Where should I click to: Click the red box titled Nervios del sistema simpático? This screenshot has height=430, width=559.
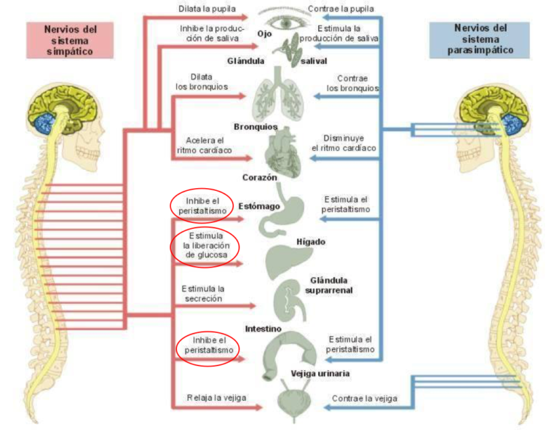[x=70, y=40]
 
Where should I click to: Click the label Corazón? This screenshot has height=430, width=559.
[x=260, y=177]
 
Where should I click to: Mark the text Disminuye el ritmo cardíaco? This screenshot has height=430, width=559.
[x=344, y=143]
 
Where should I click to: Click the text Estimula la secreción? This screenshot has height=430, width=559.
[x=203, y=293]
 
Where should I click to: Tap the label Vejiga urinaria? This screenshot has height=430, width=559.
[x=320, y=374]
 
